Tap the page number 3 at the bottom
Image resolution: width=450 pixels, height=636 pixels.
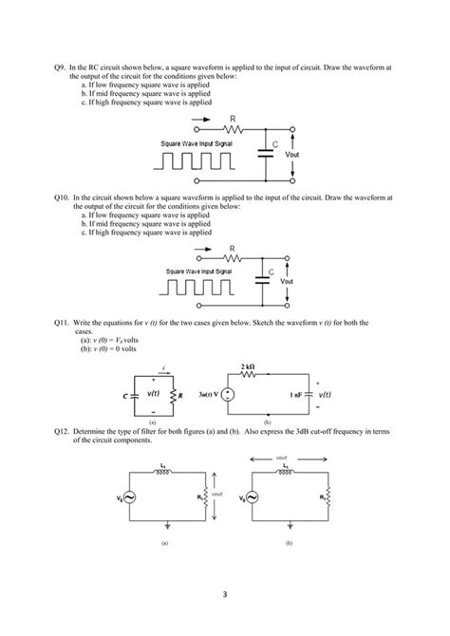click(x=225, y=595)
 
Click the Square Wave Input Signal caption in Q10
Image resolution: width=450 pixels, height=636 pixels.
click(x=198, y=271)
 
